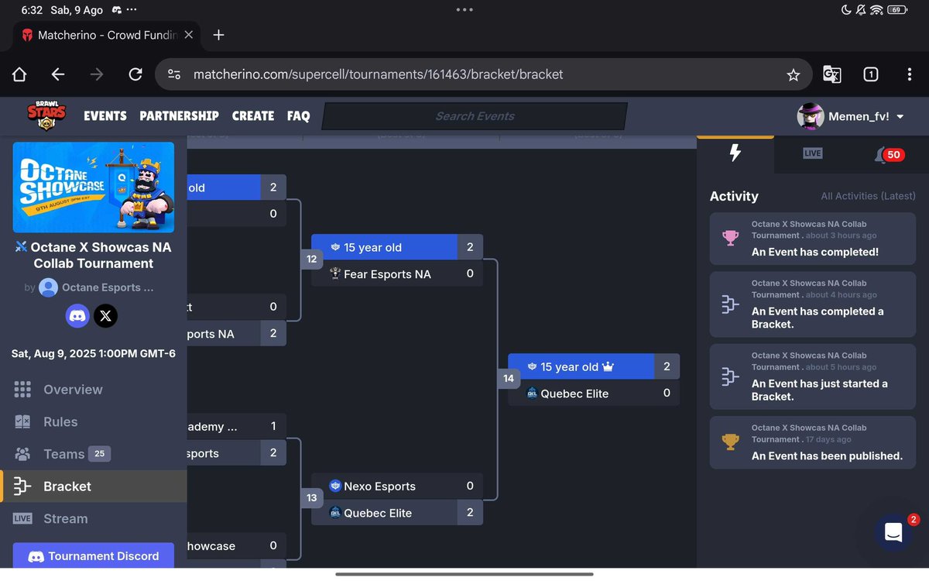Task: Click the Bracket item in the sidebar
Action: tap(67, 486)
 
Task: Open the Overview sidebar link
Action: tap(73, 390)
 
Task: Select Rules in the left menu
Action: tap(60, 422)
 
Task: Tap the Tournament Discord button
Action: tap(94, 556)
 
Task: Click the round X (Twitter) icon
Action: tap(106, 315)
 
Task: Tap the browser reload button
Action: tap(135, 74)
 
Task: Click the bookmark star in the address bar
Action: tap(793, 75)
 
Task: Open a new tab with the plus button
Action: tap(218, 35)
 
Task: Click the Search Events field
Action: tap(475, 116)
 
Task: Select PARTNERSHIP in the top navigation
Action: tap(179, 116)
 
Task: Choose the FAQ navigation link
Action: tap(298, 116)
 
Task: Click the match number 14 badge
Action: tap(509, 379)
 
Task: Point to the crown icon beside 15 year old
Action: tap(608, 366)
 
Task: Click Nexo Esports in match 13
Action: tap(379, 486)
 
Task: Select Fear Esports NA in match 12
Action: tap(387, 274)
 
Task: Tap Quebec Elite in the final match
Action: tap(574, 394)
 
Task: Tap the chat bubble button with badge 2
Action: tap(893, 532)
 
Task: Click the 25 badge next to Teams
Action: tap(99, 454)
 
